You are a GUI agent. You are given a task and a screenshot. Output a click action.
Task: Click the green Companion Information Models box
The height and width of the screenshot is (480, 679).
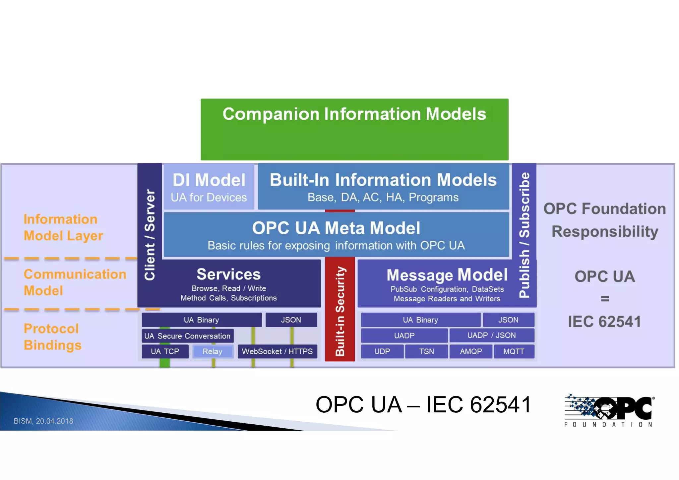354,129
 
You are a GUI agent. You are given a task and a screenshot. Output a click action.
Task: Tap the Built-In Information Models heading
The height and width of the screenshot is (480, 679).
383,180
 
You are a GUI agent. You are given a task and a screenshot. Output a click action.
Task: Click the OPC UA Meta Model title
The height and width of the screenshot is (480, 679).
336,228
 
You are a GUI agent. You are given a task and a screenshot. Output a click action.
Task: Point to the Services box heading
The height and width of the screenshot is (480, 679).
228,274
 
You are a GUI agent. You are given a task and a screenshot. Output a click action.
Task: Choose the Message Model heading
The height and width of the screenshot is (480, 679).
447,275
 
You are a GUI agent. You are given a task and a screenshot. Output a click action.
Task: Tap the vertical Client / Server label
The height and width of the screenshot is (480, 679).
150,235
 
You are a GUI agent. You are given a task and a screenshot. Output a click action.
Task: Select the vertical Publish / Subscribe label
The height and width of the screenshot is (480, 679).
524,235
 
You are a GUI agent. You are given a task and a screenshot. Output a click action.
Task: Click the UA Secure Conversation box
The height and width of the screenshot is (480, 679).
187,336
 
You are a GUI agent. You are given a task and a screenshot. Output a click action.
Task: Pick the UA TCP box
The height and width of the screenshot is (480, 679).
165,351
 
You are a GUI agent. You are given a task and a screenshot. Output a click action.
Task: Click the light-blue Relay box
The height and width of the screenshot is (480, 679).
213,351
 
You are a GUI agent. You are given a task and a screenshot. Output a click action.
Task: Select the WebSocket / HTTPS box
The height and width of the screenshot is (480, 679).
277,351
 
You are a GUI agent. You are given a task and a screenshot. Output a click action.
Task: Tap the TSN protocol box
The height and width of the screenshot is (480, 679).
426,351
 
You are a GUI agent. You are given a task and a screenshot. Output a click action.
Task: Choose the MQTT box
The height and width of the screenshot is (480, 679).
514,351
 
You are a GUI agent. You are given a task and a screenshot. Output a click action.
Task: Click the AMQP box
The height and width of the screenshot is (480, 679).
471,351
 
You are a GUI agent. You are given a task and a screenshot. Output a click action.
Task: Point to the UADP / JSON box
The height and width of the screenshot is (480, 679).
491,335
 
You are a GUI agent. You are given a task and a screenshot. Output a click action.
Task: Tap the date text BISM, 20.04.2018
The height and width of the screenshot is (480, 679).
43,421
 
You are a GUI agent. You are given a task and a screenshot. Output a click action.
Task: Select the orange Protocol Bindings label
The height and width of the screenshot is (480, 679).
52,337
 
